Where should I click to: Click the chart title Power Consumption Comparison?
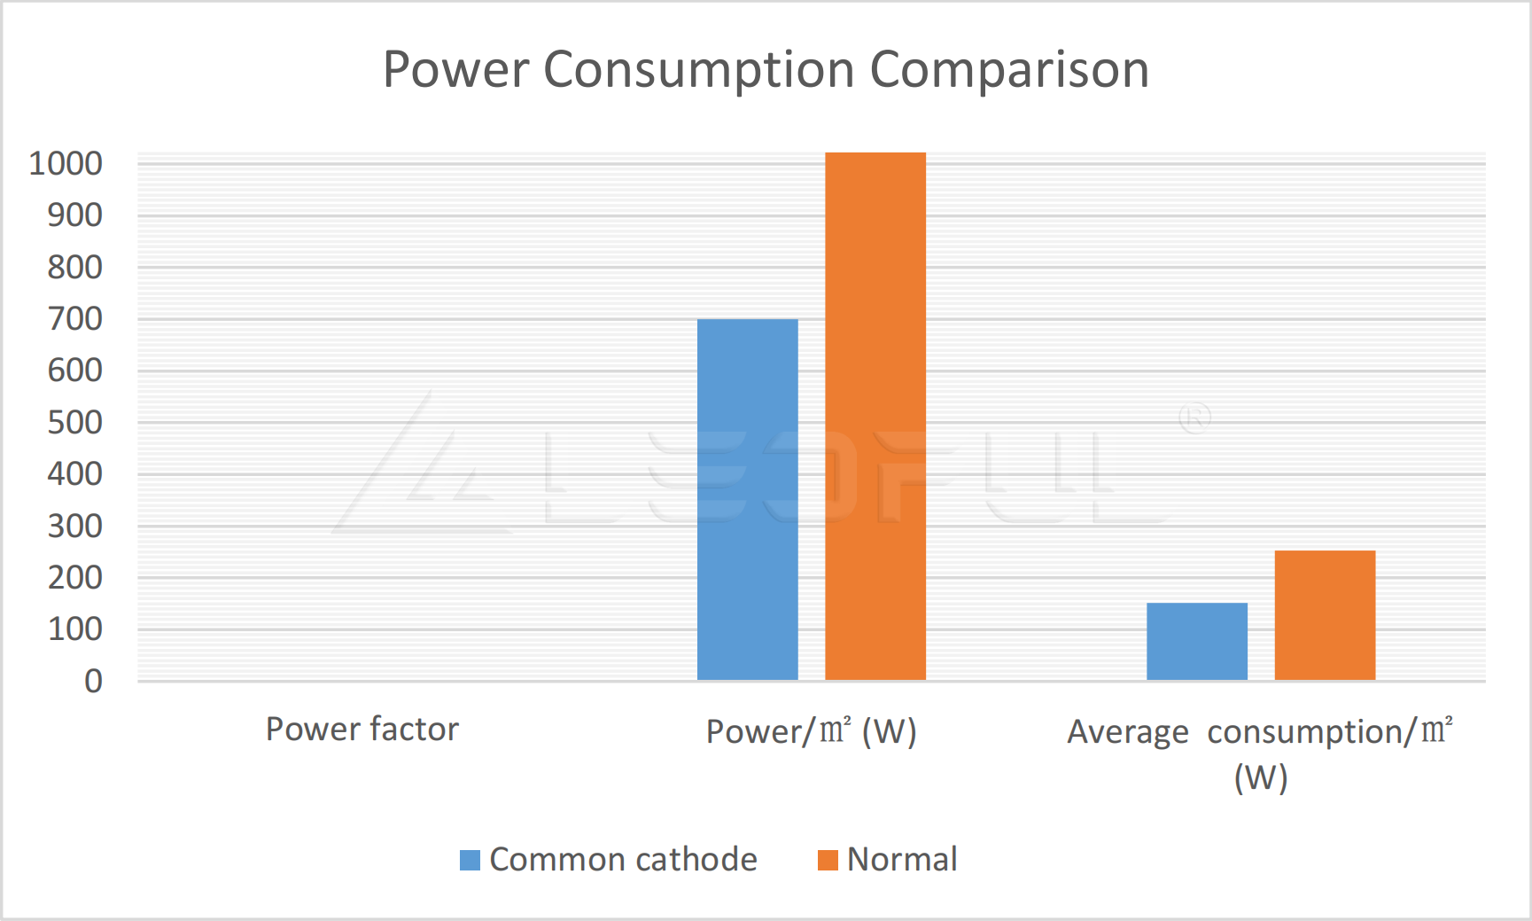tap(766, 69)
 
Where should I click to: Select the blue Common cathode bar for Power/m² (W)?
tap(747, 499)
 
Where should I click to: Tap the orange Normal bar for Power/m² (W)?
tap(875, 416)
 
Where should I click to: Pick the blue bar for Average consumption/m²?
tap(1196, 641)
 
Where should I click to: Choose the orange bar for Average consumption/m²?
tap(1325, 615)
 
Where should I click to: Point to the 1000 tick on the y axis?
tap(66, 163)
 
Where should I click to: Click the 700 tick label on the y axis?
tap(74, 318)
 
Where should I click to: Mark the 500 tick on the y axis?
tap(74, 422)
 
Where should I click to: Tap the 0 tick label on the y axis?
tap(93, 681)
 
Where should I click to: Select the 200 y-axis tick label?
tap(74, 577)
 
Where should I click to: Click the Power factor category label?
tap(362, 729)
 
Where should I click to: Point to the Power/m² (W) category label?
tap(811, 731)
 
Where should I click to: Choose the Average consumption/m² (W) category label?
tap(1260, 753)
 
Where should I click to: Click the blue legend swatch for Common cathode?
tap(470, 860)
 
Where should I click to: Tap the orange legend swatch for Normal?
tap(828, 860)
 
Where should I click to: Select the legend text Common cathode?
tap(623, 860)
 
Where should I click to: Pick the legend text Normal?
tap(902, 860)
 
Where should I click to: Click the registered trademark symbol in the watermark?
tap(1194, 418)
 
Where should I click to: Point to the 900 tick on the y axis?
tap(74, 215)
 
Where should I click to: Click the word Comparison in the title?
tap(1009, 69)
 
